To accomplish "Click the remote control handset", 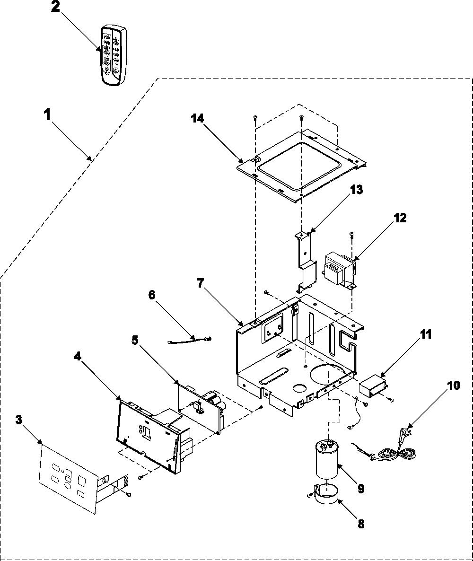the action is click(114, 55).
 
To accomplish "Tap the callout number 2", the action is click(55, 8).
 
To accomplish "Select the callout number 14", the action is click(197, 118).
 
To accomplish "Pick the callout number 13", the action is click(356, 189).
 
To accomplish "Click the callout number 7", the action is click(201, 284).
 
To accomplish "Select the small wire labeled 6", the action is click(190, 339).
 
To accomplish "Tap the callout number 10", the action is click(454, 386).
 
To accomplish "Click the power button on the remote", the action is click(115, 70).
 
